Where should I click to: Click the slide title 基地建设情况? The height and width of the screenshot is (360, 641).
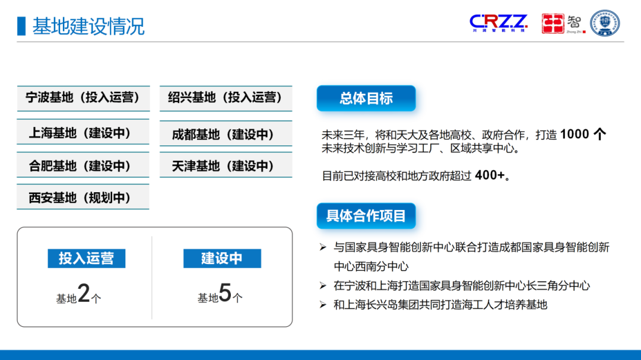point(88,27)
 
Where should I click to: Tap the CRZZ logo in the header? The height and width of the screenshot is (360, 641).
point(498,23)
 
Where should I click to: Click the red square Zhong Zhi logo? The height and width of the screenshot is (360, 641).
point(553,24)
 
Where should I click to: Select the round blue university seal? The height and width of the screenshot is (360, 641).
point(605,23)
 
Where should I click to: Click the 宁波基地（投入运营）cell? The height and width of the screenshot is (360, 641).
point(82,98)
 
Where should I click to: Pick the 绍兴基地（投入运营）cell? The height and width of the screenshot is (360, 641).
point(226,98)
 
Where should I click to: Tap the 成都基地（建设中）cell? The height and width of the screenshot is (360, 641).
point(226,134)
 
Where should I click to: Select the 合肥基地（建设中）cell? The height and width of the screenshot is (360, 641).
point(82,165)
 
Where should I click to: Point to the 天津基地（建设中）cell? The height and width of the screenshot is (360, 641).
point(226,165)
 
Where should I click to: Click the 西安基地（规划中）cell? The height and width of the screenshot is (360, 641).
point(82,197)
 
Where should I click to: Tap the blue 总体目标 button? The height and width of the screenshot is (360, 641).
point(366,98)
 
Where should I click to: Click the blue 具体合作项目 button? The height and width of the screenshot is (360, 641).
point(366,216)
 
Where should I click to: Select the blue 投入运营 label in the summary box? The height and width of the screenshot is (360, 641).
point(86,259)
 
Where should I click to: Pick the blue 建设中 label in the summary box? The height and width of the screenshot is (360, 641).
point(222,259)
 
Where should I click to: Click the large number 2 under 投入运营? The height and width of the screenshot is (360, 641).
point(84,294)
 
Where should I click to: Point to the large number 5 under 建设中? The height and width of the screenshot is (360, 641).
point(225,294)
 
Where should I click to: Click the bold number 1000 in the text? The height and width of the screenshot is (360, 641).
point(575,134)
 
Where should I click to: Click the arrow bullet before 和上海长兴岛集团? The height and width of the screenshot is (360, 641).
point(323,305)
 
